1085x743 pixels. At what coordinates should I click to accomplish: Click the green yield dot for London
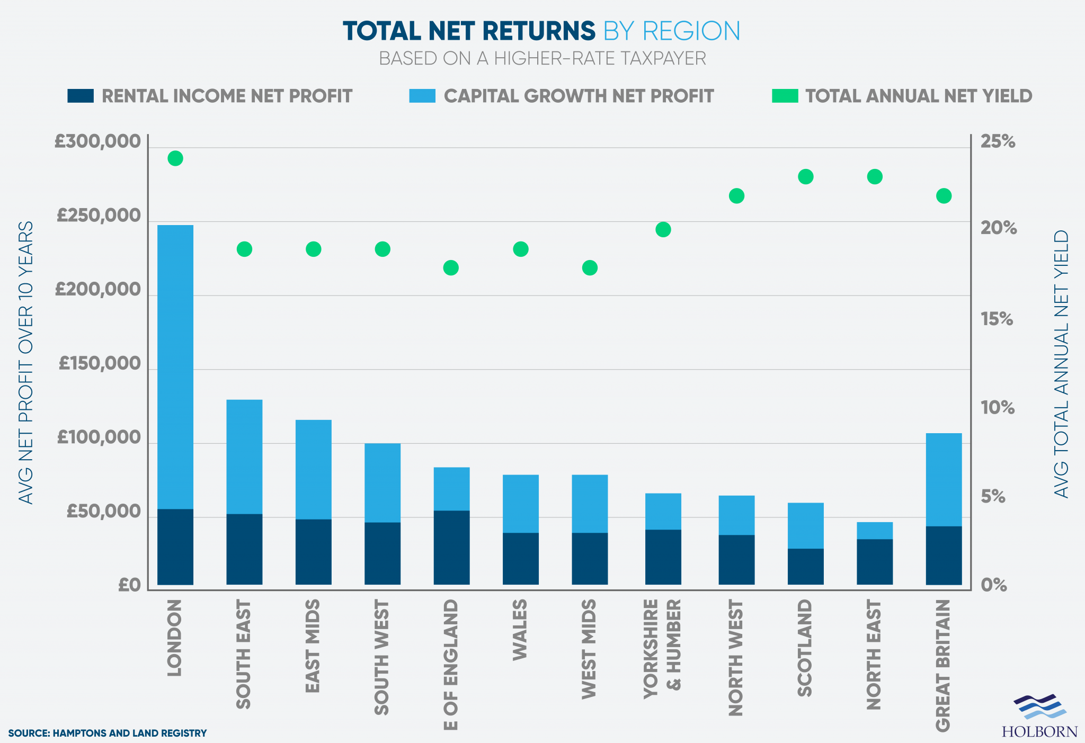coord(175,158)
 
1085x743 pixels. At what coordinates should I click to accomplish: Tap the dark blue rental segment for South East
coord(244,549)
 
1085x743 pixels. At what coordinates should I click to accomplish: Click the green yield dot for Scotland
coord(805,177)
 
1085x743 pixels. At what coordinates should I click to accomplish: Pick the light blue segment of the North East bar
coord(874,530)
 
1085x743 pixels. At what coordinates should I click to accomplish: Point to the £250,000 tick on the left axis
coord(99,216)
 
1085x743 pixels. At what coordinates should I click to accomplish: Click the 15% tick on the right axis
coord(997,319)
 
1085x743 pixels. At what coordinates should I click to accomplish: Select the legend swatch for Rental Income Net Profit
coord(81,96)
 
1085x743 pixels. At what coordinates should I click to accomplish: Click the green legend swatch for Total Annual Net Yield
coord(785,96)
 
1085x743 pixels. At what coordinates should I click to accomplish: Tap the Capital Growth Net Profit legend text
coord(579,96)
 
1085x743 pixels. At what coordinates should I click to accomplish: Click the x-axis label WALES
coord(520,630)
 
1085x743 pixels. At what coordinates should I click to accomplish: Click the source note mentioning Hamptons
coord(107,733)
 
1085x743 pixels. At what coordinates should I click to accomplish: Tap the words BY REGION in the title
coord(671,31)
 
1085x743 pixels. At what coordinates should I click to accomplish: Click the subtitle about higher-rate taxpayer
coord(542,58)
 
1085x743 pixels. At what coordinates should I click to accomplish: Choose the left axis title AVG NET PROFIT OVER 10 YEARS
coord(26,362)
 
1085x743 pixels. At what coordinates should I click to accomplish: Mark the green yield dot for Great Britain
coord(944,196)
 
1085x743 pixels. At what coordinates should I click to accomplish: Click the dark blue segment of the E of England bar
coord(451,547)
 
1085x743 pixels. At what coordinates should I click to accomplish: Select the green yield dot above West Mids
coord(590,268)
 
